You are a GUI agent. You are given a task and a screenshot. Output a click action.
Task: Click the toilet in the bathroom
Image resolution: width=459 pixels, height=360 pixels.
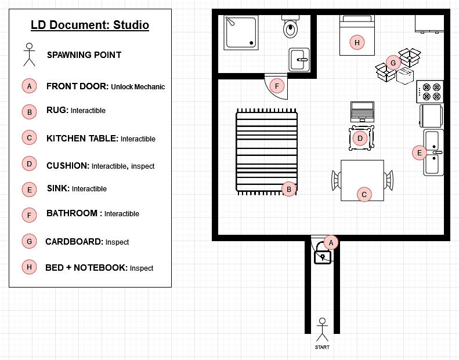click(x=290, y=26)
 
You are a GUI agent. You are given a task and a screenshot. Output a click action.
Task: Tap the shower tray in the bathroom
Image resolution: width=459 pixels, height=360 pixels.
click(x=241, y=32)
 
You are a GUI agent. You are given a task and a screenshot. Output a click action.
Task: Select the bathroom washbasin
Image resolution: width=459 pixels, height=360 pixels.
click(x=299, y=60)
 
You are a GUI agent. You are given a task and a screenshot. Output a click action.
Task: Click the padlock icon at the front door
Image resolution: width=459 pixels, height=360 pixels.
click(x=322, y=253)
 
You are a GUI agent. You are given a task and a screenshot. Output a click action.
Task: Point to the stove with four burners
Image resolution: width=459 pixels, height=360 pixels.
click(x=430, y=92)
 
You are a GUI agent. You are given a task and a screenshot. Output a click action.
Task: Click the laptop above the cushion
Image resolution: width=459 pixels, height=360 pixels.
click(x=363, y=112)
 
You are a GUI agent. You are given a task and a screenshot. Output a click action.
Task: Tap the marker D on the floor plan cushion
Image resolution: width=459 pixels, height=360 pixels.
click(x=360, y=139)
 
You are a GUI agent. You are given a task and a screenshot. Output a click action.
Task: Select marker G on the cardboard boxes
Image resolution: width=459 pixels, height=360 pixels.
click(x=393, y=63)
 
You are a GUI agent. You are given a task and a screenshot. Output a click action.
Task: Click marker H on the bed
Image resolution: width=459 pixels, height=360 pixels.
click(x=357, y=43)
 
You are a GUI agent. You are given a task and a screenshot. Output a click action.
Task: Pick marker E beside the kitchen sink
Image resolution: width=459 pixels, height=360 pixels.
click(x=420, y=152)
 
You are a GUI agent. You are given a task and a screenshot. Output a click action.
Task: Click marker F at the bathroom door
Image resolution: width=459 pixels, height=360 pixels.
click(x=277, y=86)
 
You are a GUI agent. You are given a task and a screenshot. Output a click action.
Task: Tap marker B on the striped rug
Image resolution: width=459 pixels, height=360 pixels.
click(x=289, y=189)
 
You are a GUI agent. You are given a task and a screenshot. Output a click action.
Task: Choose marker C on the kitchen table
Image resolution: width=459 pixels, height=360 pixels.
click(x=364, y=194)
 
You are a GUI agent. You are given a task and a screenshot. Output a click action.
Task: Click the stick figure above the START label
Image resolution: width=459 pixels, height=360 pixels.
click(x=322, y=330)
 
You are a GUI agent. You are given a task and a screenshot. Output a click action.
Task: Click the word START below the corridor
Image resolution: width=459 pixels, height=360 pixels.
click(x=322, y=347)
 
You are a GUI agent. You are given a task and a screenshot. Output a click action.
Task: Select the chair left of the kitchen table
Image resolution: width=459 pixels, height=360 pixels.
click(x=337, y=180)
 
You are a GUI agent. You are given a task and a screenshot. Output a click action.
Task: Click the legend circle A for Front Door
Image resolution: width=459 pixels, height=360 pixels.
click(x=29, y=86)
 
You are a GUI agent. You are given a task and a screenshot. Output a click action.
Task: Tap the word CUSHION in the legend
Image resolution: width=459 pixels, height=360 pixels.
click(x=68, y=166)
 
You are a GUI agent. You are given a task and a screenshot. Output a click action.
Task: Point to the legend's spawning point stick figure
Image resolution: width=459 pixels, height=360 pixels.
click(x=29, y=54)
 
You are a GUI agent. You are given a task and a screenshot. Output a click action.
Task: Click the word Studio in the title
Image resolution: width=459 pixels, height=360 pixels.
click(x=131, y=25)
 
